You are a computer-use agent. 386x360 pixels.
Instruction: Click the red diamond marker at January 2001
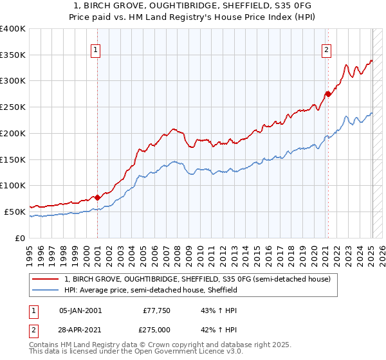pyautogui.click(x=97, y=197)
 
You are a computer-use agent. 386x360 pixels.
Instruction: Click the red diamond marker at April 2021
pyautogui.click(x=327, y=94)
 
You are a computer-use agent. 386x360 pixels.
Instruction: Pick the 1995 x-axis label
pyautogui.click(x=30, y=253)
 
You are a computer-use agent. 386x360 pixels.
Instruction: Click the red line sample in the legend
pyautogui.click(x=46, y=279)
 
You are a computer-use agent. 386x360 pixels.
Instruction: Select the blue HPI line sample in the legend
pyautogui.click(x=46, y=290)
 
